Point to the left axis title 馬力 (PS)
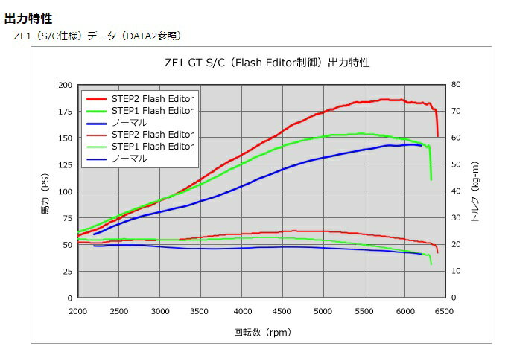[45, 201]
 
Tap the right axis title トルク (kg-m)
[475, 199]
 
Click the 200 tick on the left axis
[64, 85]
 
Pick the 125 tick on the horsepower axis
[64, 164]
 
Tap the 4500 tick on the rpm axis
[282, 310]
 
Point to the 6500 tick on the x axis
[444, 310]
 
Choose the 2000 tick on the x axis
[77, 310]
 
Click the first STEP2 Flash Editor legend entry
[152, 98]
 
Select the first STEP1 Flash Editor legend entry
[152, 110]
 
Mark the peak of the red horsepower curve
[384, 99]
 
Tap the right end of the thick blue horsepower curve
[422, 145]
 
